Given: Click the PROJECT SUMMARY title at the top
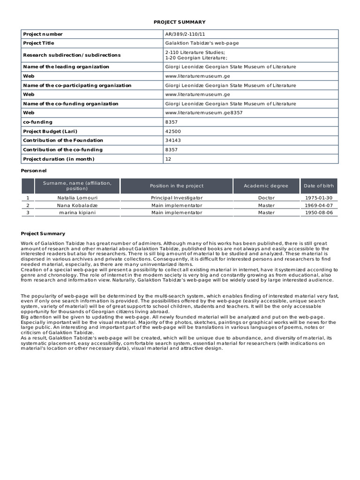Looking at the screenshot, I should point(180,22).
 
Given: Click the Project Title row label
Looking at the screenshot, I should point(38,43).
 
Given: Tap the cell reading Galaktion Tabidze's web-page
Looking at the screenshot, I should point(202,43).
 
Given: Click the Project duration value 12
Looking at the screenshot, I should point(168,159).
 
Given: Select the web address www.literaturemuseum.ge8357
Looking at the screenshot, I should point(204,113).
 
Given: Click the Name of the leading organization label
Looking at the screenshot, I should point(66,67).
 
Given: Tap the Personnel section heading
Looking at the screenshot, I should point(34,171).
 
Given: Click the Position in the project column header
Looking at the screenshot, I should point(177,186).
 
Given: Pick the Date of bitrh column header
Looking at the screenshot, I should point(319,186).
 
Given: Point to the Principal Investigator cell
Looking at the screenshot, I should point(177,198).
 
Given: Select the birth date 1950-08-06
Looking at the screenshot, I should point(319,212).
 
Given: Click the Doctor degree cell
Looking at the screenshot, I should point(266,198).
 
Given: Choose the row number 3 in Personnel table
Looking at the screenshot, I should point(28,212).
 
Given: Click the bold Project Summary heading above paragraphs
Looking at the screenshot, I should point(43,233).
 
